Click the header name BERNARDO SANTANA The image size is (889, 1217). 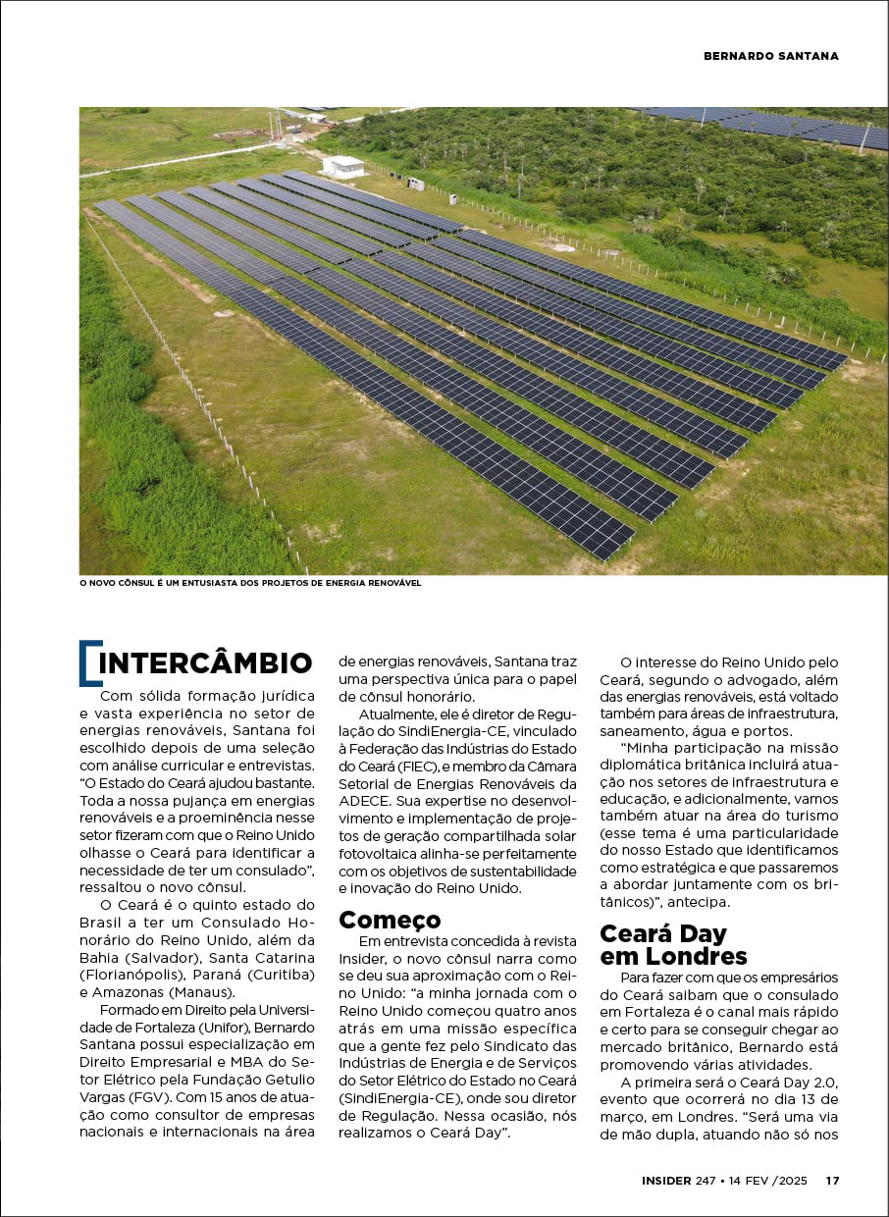pyautogui.click(x=771, y=56)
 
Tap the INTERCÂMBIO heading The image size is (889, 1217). pyautogui.click(x=205, y=663)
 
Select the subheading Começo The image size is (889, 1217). pyautogui.click(x=390, y=920)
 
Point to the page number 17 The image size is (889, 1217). pyautogui.click(x=832, y=1181)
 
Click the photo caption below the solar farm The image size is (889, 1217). pyautogui.click(x=250, y=583)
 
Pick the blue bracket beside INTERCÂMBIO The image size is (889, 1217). pyautogui.click(x=88, y=663)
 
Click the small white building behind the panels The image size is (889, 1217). pyautogui.click(x=342, y=166)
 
